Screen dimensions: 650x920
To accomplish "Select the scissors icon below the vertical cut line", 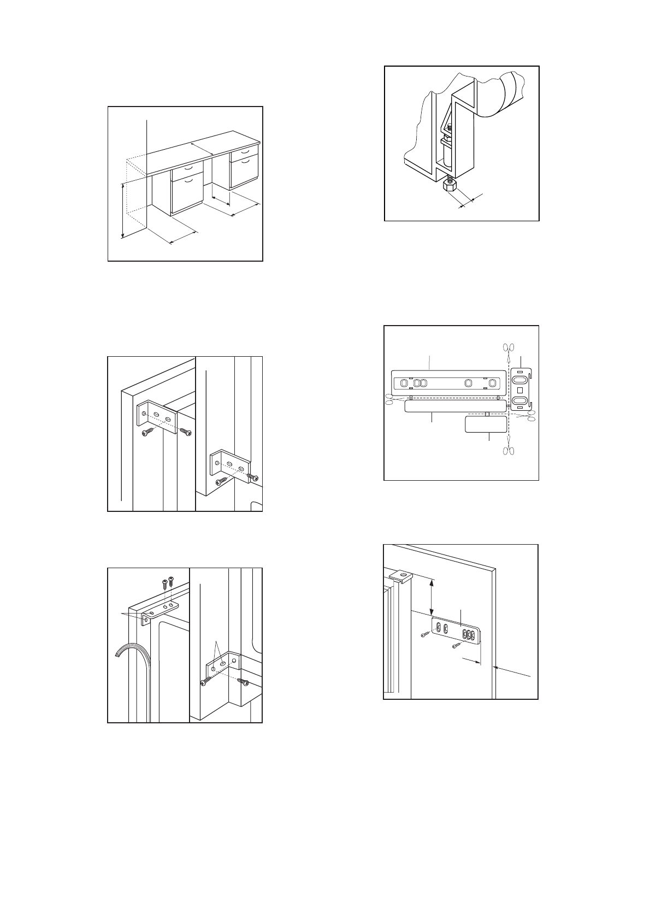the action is tap(509, 450).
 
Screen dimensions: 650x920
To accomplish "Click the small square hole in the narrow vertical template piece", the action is tap(520, 391).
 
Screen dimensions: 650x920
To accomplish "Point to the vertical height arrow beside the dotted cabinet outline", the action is tap(123, 211).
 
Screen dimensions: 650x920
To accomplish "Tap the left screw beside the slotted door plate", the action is tap(426, 634).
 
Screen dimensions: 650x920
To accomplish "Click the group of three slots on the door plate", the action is tap(468, 635).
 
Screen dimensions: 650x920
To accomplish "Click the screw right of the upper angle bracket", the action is tap(186, 432).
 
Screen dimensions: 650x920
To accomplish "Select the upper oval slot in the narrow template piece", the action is tap(520, 380).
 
